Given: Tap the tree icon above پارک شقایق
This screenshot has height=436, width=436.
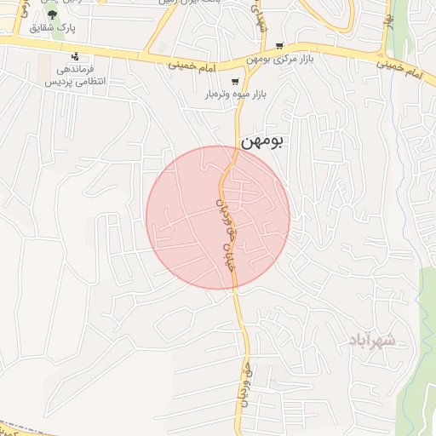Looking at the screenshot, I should pyautogui.click(x=53, y=14).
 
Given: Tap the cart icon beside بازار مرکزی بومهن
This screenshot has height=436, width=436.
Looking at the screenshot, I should pyautogui.click(x=302, y=46).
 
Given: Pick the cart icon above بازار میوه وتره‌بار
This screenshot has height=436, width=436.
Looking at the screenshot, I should pyautogui.click(x=235, y=81).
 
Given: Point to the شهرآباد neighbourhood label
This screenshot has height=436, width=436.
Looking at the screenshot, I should pyautogui.click(x=371, y=341).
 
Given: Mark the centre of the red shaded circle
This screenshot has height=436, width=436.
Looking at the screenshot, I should pyautogui.click(x=218, y=217).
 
